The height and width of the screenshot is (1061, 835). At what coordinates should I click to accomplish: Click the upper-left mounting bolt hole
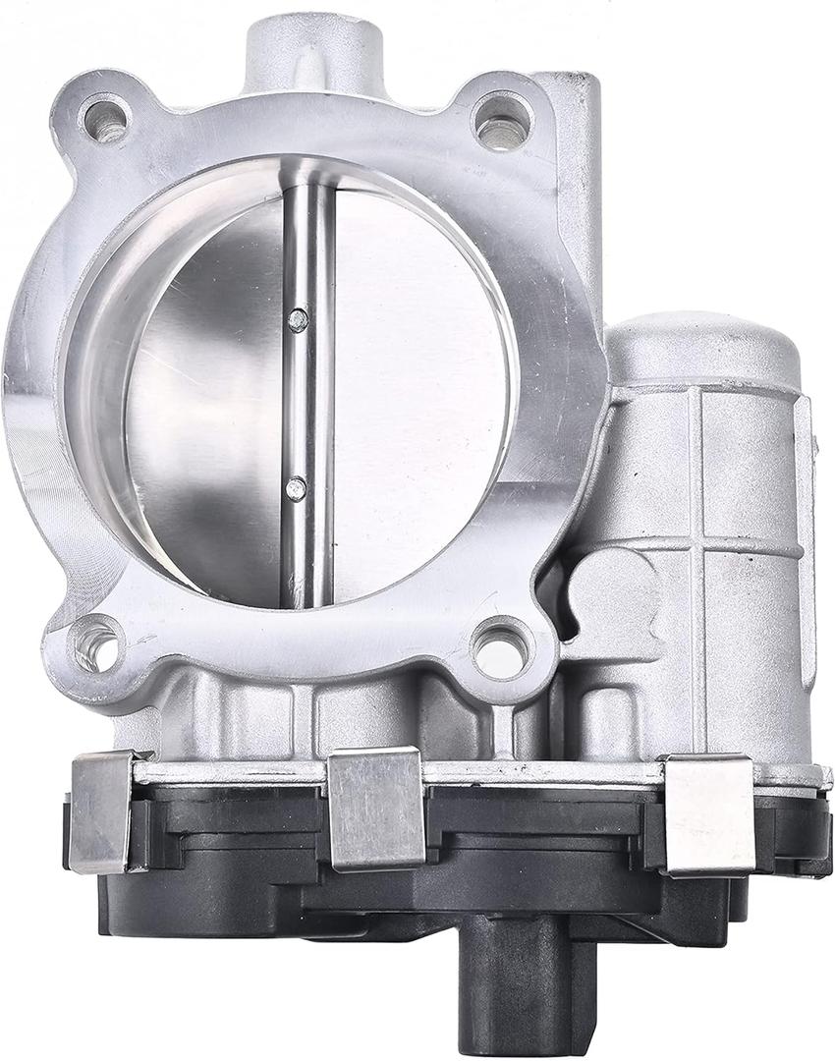[x=105, y=121]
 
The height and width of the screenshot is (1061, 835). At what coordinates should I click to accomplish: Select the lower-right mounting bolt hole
[x=500, y=646]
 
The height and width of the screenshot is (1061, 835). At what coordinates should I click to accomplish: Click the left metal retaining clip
[x=100, y=810]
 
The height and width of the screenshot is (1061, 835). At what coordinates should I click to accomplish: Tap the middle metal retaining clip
[x=375, y=808]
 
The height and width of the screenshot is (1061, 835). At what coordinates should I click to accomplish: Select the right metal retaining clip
[x=707, y=813]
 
